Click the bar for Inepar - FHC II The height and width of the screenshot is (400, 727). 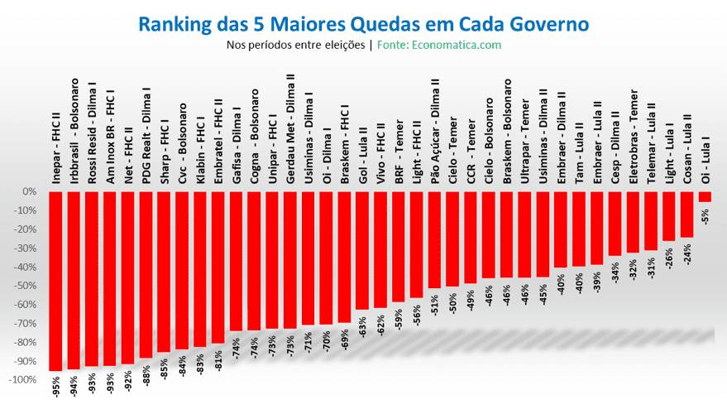[56, 282]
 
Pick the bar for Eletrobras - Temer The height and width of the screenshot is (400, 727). [633, 223]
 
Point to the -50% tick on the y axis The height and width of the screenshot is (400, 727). [24, 286]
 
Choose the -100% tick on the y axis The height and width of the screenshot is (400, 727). [22, 380]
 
